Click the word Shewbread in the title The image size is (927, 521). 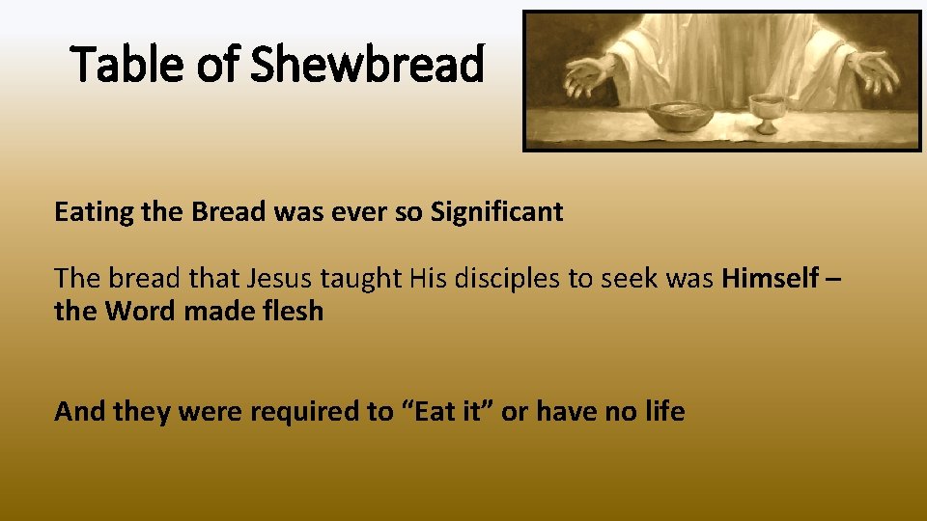[x=369, y=66]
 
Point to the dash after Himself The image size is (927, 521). [x=834, y=279]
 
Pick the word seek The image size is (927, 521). [x=628, y=279]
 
